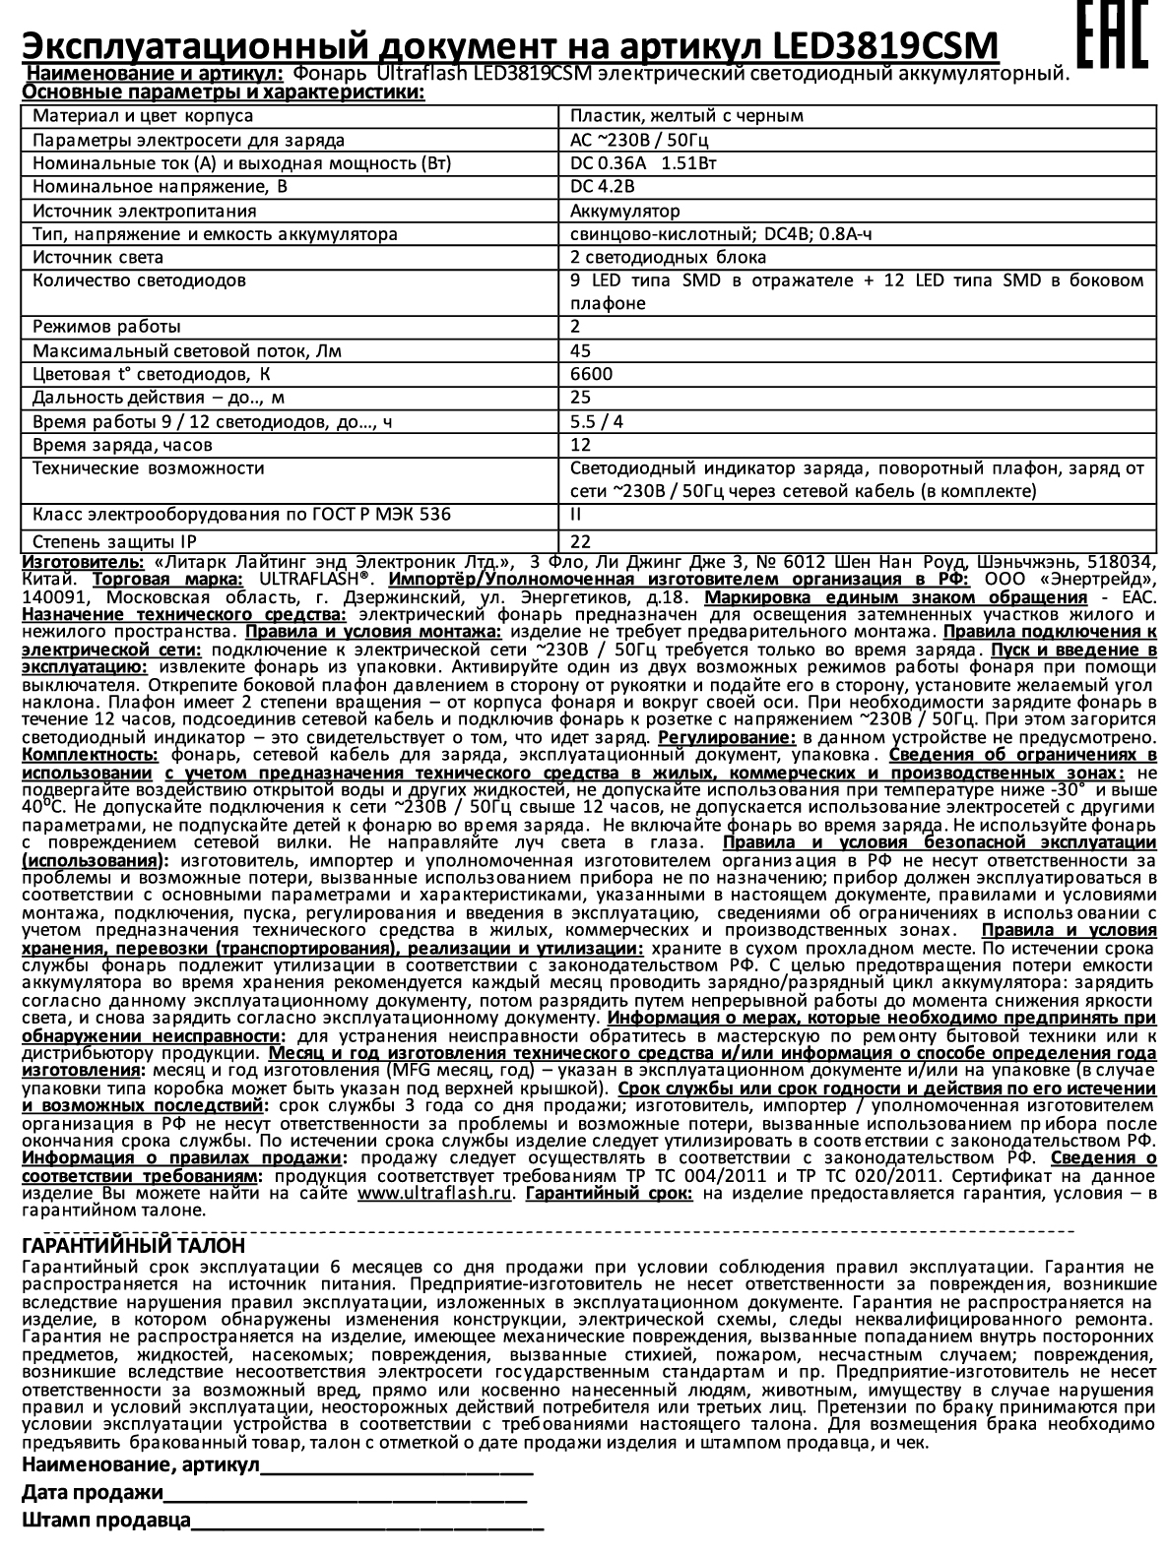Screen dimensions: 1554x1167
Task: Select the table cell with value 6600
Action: click(x=591, y=374)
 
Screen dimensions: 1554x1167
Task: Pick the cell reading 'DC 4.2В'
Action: click(x=602, y=187)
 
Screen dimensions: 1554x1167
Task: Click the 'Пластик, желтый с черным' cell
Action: click(x=686, y=115)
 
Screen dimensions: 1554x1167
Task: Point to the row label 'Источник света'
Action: click(x=98, y=258)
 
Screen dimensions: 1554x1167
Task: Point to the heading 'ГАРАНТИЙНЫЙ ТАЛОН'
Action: click(x=133, y=1246)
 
